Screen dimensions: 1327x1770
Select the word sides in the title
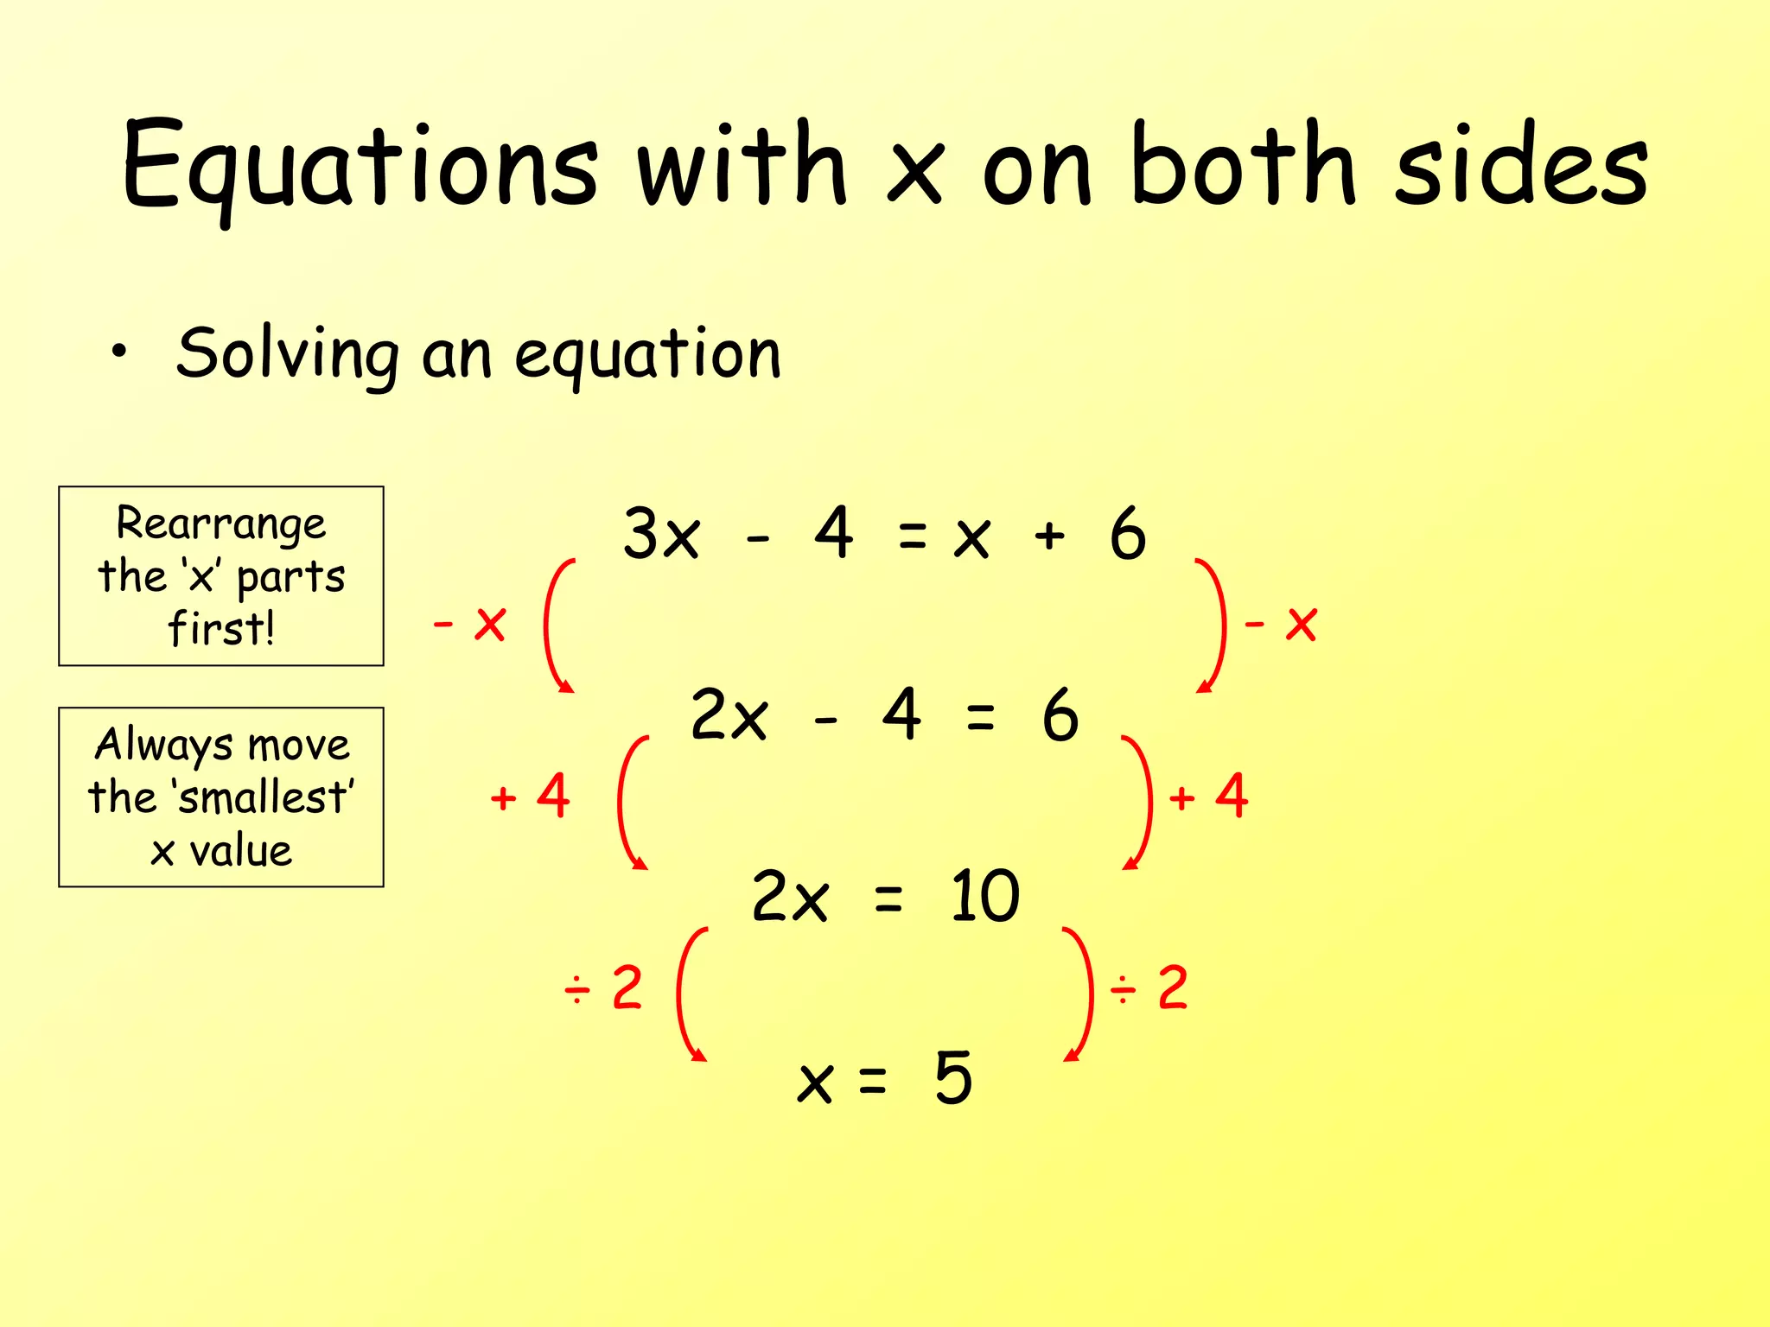pos(1521,166)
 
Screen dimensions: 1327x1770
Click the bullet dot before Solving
pos(119,352)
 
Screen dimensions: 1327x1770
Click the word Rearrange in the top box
pos(221,524)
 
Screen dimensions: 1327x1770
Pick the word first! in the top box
pos(221,628)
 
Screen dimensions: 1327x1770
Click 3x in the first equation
pos(661,534)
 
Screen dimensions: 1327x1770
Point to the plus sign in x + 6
pos(1049,537)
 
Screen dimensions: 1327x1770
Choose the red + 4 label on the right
pos(1208,796)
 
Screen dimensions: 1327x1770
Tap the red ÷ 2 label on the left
pos(603,987)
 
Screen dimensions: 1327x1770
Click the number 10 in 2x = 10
pos(984,896)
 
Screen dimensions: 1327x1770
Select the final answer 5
pos(953,1077)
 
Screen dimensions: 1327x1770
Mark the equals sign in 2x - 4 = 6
pos(980,716)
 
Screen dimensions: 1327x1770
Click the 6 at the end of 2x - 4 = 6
pos(1060,715)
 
